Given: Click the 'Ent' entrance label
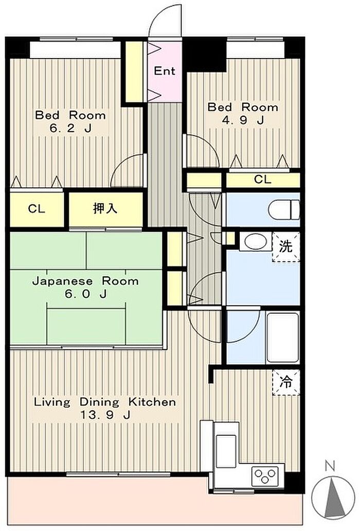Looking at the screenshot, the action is pos(165,71).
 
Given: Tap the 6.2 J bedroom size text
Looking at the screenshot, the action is pos(71,129).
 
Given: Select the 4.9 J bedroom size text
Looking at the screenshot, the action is pos(243,120).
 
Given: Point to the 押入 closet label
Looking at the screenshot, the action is pos(105,208).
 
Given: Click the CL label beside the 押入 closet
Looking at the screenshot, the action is pos(37,208).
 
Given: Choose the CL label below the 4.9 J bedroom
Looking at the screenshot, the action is pos(263,179).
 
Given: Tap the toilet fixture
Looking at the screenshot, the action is pos(284,209).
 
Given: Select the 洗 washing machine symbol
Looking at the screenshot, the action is pos(286,247).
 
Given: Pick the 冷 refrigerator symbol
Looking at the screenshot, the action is pos(286,382).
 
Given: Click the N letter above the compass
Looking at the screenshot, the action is pos(330,467).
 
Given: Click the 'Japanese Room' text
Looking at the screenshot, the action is pos(85,281).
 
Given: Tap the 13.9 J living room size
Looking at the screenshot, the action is pos(105,415).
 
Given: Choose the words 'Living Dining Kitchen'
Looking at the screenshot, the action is pos(105,402).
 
